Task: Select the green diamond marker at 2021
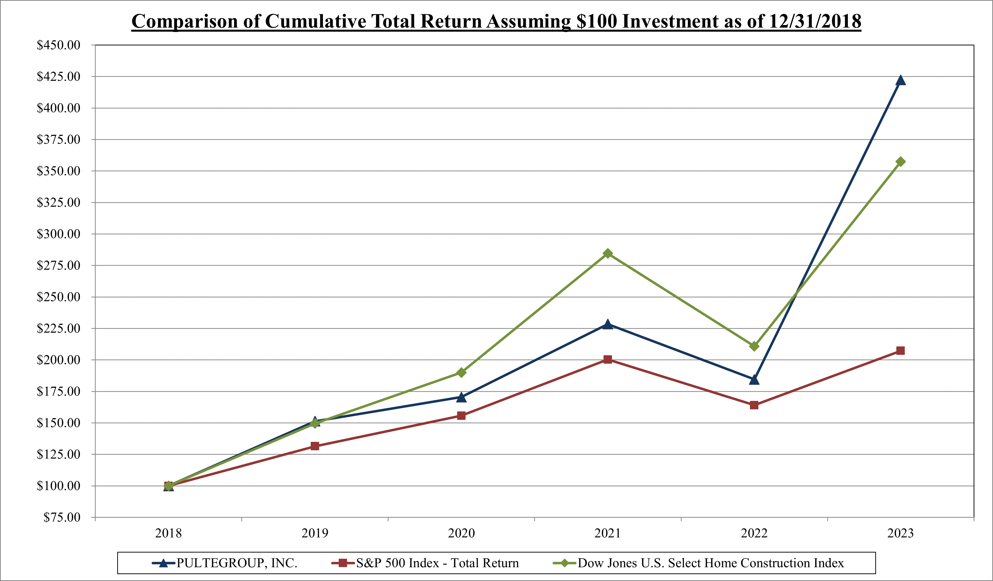point(608,253)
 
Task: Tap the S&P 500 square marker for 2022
point(754,405)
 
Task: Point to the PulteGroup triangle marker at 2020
point(461,397)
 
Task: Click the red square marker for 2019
point(315,446)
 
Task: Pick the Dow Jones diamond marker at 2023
point(900,162)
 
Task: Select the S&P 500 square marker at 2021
point(608,359)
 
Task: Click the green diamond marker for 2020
point(461,372)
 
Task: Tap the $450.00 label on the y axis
point(58,45)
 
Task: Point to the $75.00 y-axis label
point(62,517)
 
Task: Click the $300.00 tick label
point(58,234)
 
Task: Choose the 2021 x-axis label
point(608,533)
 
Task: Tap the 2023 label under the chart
point(900,533)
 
